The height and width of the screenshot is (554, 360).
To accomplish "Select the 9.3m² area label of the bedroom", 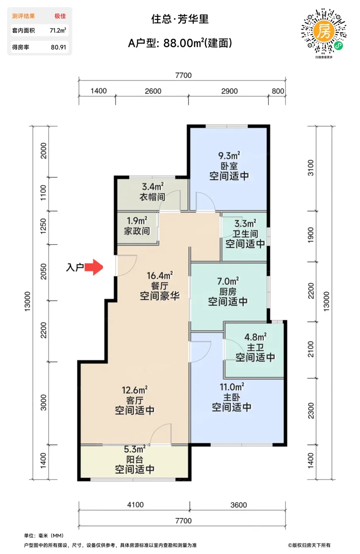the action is click(229, 156).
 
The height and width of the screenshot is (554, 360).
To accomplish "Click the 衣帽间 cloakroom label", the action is click(152, 197).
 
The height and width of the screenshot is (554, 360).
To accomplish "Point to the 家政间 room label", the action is click(137, 231).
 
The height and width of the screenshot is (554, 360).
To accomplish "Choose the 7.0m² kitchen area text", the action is click(228, 281).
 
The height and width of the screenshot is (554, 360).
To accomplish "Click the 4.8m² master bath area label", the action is click(255, 337).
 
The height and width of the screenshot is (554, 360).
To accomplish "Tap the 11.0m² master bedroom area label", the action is click(232, 387).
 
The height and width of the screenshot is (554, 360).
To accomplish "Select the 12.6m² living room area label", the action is click(135, 390).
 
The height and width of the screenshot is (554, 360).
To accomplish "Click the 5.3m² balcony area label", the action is click(135, 449).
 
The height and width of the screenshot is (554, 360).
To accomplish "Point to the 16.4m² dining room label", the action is click(160, 275).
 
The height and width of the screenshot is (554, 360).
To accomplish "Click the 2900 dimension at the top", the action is click(229, 91).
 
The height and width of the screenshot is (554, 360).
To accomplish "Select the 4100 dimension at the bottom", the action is click(135, 505).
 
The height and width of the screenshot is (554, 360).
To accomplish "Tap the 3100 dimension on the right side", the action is click(310, 168).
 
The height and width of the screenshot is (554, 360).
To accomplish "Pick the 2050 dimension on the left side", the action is click(43, 271).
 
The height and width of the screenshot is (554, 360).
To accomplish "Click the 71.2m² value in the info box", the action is click(58, 30).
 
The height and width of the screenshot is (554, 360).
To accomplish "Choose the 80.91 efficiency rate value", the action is click(59, 47).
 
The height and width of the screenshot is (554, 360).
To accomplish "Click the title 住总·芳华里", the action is click(180, 19).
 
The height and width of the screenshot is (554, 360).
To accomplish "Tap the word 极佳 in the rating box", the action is click(60, 16).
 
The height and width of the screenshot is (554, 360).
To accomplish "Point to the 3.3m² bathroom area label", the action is click(245, 224).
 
